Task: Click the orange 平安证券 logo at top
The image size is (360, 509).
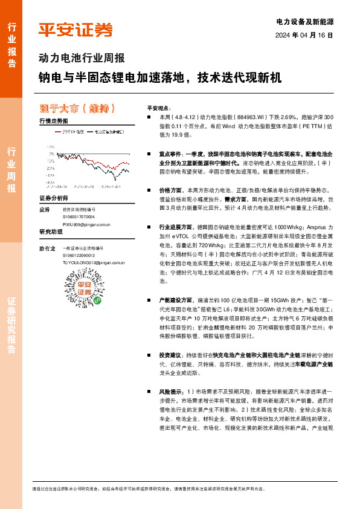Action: tap(76, 29)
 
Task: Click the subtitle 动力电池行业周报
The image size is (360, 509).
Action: tap(82, 59)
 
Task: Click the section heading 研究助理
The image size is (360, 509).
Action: tap(51, 232)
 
